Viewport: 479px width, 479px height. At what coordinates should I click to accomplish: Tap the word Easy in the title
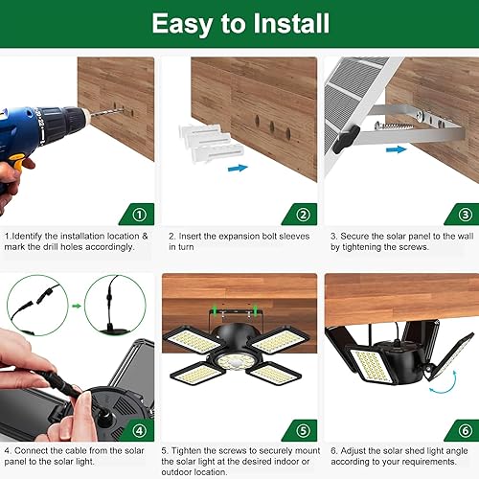coord(188,23)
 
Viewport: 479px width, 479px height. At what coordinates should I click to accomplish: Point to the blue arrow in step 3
coord(395,148)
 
